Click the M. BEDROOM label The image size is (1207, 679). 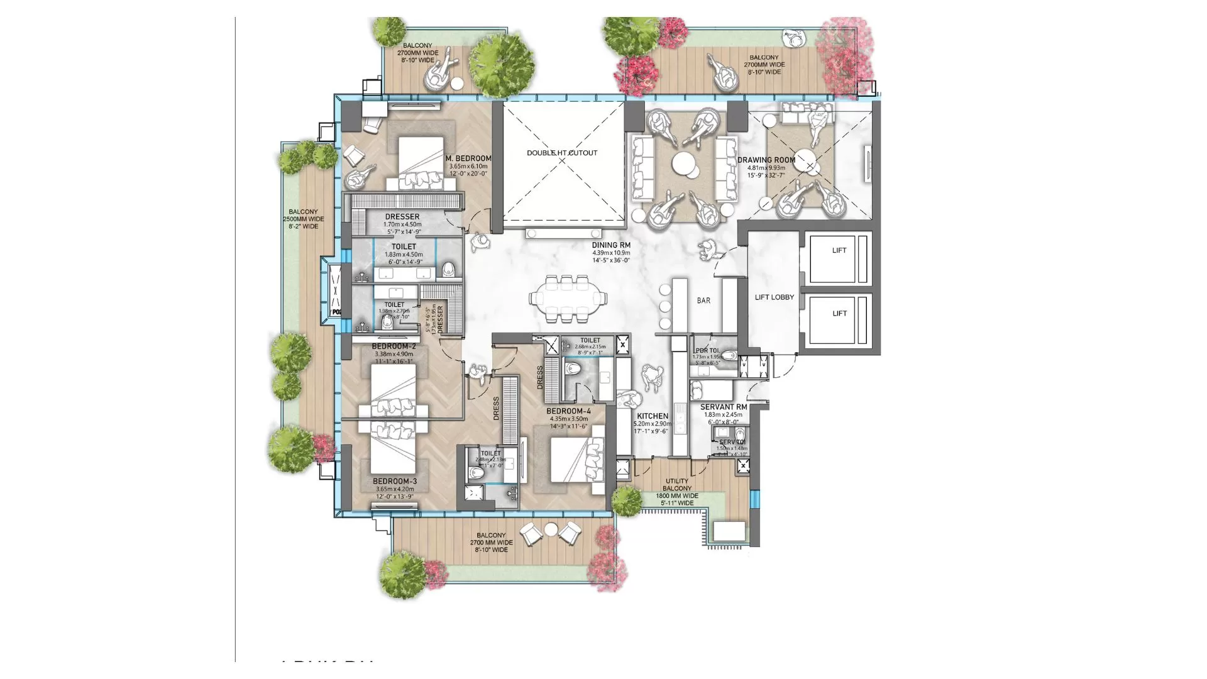tap(468, 158)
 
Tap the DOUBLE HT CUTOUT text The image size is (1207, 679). tap(562, 153)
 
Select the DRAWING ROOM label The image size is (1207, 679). tap(766, 160)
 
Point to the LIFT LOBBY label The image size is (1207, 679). tap(774, 297)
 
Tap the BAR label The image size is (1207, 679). tap(703, 301)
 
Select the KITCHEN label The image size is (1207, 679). tap(653, 416)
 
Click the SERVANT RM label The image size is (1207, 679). tap(724, 407)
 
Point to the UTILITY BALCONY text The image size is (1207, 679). tap(677, 485)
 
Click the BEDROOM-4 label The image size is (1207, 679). tap(568, 411)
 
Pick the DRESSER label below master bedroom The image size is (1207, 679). tap(402, 217)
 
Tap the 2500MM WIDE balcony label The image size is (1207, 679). tap(304, 219)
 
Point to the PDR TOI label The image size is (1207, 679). tap(707, 351)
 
